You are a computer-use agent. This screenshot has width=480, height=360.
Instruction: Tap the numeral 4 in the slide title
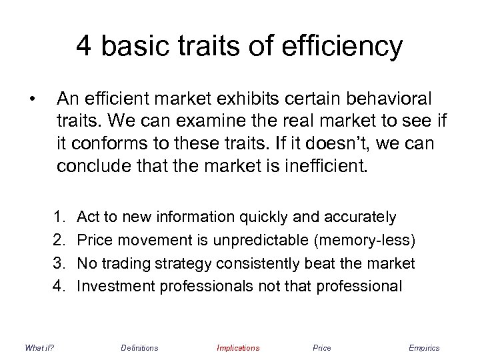84,46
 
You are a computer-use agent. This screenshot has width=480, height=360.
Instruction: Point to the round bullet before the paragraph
31,101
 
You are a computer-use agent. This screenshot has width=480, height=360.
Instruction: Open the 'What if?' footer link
39,348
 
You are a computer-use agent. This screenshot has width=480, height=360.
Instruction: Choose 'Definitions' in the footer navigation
139,348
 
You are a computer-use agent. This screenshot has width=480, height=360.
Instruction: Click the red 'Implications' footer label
238,348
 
